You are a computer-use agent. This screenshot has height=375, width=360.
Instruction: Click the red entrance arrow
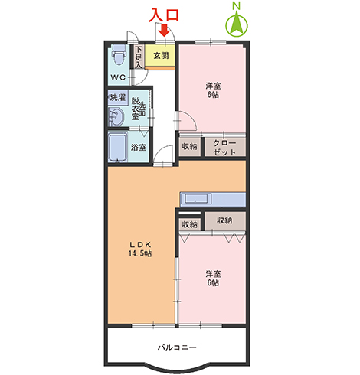[164, 31]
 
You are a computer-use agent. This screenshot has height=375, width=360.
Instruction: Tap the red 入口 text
[164, 15]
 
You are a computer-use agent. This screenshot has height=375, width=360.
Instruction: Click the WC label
[118, 77]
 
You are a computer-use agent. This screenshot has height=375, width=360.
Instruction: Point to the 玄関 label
[161, 55]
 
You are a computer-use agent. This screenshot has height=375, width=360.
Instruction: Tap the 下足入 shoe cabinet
[139, 57]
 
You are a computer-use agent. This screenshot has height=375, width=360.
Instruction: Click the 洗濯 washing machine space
[118, 97]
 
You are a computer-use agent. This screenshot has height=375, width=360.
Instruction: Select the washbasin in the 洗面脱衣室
[116, 116]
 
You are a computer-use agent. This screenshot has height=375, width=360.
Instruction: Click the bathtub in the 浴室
[118, 148]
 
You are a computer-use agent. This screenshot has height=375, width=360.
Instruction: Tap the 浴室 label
[139, 147]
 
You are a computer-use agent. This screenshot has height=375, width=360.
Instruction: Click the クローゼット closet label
[224, 147]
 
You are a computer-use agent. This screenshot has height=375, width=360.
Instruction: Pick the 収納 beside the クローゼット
[189, 146]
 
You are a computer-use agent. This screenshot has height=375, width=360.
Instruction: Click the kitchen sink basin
[196, 198]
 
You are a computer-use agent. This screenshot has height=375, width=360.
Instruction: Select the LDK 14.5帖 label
[140, 249]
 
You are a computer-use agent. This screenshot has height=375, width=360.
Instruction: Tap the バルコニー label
[177, 347]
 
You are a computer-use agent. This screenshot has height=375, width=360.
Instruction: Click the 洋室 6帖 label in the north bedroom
[213, 90]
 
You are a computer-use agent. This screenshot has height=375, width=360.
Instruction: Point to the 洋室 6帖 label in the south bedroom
[213, 278]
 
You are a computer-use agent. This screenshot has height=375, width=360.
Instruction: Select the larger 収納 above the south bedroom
[225, 220]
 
